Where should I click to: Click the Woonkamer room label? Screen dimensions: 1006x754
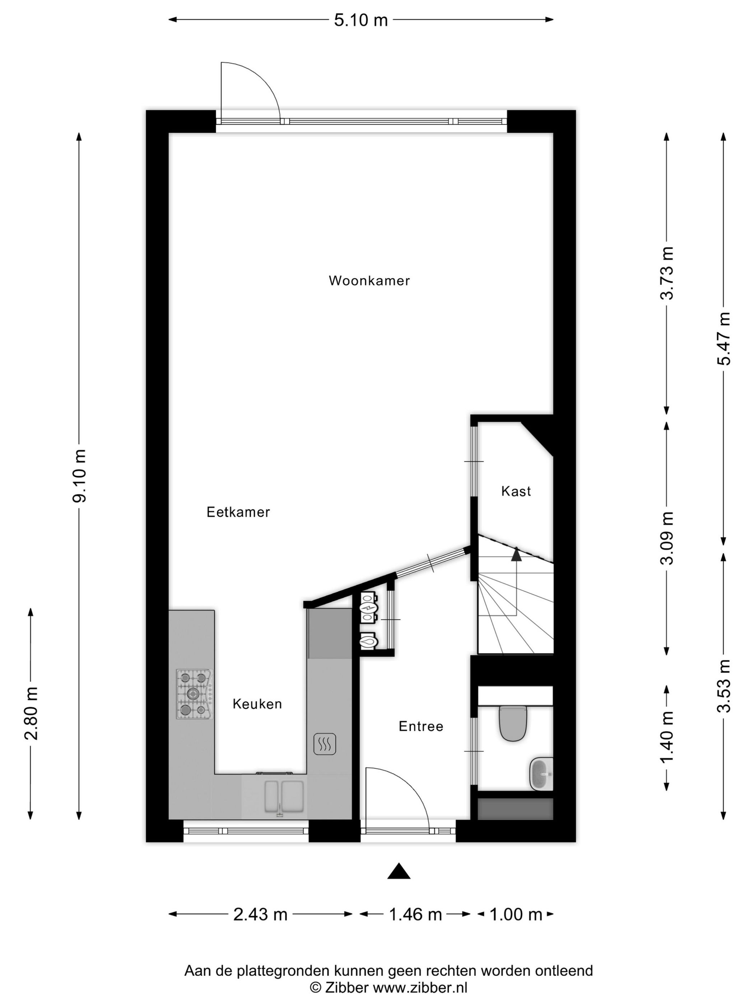pos(369,281)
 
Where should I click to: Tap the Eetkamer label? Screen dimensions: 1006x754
pos(238,512)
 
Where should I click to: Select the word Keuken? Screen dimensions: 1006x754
pos(257,704)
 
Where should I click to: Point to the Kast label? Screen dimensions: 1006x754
pos(516,491)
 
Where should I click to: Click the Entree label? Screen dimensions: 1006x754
pos(421,726)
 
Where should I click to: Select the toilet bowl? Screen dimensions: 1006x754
pos(513,723)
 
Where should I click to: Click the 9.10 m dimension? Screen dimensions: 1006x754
pos(79,476)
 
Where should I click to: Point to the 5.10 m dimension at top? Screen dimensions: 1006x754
pos(361,20)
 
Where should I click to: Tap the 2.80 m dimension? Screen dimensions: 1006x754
pos(31,714)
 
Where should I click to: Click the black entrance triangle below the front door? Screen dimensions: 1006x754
pos(399,871)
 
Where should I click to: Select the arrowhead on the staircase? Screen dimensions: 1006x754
pos(516,554)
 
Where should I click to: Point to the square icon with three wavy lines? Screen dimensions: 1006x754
pos(325,744)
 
